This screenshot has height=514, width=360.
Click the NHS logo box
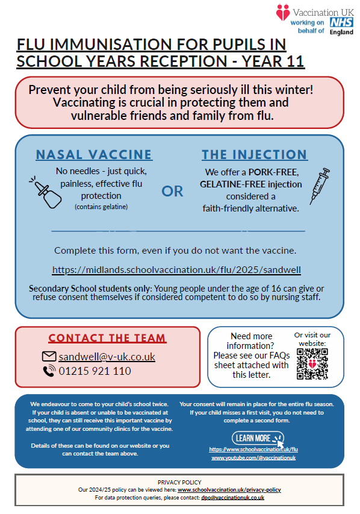coord(341,22)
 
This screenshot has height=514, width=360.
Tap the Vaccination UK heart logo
coord(283,13)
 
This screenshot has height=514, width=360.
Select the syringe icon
coord(320,186)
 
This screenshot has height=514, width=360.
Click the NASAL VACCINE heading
coord(94,155)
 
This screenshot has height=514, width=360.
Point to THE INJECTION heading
coord(255,155)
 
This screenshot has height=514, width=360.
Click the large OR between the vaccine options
coord(172,191)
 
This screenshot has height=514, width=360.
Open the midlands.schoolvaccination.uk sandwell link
coord(176,270)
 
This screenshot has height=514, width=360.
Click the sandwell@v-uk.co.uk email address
coord(107,357)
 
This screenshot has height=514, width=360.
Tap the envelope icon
coord(49,356)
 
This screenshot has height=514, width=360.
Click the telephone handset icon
coord(49,371)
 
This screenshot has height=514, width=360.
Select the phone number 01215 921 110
coord(95,371)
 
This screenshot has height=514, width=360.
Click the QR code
coord(312,364)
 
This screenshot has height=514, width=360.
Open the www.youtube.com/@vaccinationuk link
coord(253,457)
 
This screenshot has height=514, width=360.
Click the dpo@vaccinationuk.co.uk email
coord(232,498)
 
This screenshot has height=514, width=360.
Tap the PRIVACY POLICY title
coord(179,482)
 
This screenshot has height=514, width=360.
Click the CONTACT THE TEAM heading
coord(107,338)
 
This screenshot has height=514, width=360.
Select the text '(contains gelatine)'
coord(101,207)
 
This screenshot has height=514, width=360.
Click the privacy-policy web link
coord(229,490)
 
